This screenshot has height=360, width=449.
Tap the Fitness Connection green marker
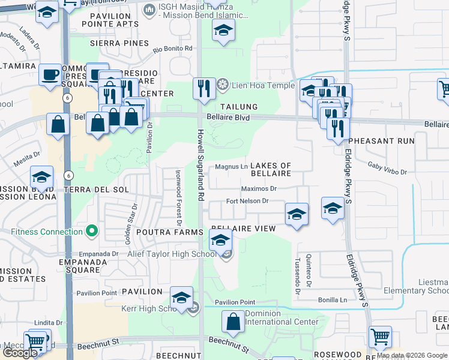pos(91,230)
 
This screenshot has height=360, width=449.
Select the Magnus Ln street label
pos(232,167)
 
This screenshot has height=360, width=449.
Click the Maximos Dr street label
pos(259,188)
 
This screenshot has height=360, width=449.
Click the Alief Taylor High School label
pos(172,254)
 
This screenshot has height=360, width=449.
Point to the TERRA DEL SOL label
pos(96,190)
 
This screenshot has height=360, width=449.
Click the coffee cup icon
pos(49,75)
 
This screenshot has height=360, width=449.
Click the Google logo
pos(20,353)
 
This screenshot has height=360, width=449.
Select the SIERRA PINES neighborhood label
pos(119,43)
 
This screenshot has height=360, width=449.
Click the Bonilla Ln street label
pos(334,299)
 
